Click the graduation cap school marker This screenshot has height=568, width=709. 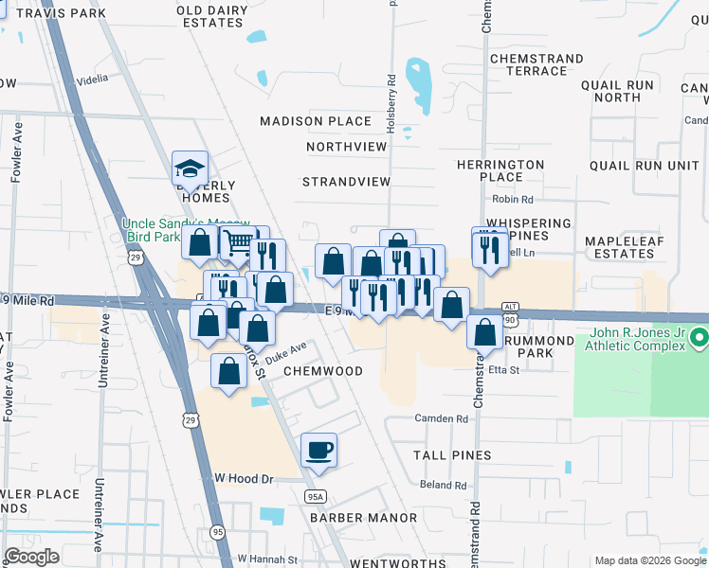click(x=190, y=169)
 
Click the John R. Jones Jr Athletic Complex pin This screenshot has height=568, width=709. click(x=699, y=337)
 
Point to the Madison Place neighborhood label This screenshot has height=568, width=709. click(x=315, y=121)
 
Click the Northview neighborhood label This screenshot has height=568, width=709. click(x=347, y=147)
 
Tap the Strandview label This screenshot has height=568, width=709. click(x=346, y=181)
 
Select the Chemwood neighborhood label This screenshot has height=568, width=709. click(x=323, y=371)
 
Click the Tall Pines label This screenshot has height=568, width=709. click(x=452, y=455)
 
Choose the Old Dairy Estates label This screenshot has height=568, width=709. click(x=212, y=16)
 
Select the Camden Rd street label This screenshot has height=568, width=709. click(x=442, y=418)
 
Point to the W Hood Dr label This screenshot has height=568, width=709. click(x=245, y=480)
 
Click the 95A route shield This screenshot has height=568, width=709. click(x=316, y=496)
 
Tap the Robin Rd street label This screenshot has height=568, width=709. click(x=513, y=200)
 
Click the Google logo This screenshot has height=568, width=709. click(x=32, y=556)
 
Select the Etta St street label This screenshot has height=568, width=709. click(x=505, y=370)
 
